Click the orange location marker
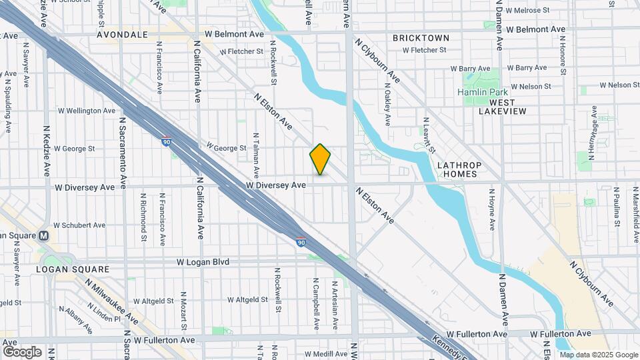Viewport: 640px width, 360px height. pos(320,159)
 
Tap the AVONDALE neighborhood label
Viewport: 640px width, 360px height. pos(122,34)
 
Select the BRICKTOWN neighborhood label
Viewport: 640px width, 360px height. pos(421,38)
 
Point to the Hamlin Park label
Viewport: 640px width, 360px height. pos(483,91)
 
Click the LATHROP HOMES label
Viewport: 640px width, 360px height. pos(457,169)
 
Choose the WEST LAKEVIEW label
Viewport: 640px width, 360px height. pos(502,107)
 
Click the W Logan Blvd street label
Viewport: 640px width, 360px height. pos(203,262)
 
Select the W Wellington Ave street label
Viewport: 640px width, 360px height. pos(87,111)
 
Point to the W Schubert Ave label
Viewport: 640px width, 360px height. pos(79,225)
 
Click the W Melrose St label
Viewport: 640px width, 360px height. pos(527,11)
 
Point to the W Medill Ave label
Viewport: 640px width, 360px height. pos(328,354)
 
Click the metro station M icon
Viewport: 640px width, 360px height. pos(44,235)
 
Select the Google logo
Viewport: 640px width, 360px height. pos(22,352)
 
